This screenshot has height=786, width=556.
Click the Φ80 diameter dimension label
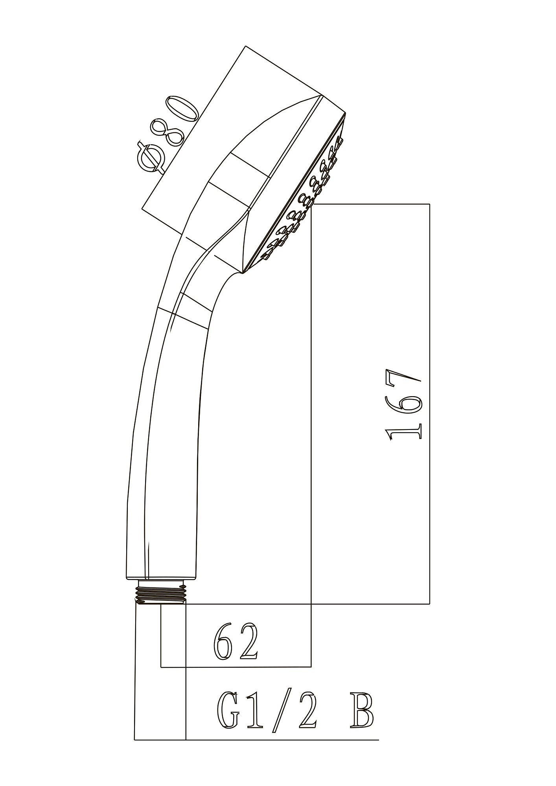(167, 134)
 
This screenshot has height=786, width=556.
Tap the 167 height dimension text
(404, 405)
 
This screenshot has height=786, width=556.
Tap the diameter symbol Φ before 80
(152, 158)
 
